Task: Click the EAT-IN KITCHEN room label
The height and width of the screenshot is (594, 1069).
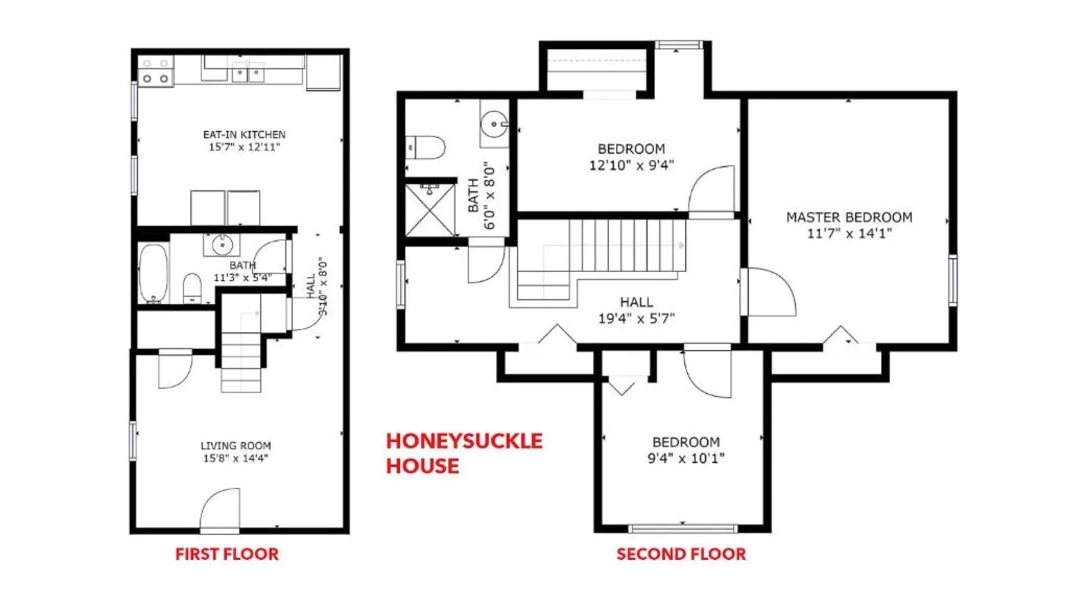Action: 244,135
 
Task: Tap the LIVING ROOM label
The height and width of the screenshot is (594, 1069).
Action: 236,445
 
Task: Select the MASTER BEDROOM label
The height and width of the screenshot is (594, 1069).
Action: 849,217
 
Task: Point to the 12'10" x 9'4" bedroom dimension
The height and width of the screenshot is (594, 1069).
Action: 631,165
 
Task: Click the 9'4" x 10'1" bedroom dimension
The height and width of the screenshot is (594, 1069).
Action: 686,458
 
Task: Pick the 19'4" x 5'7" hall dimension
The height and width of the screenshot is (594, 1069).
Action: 636,318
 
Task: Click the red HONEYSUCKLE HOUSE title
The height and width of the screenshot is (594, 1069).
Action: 464,453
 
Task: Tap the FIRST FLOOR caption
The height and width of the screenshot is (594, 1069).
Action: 227,554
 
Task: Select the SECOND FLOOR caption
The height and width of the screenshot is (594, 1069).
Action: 681,554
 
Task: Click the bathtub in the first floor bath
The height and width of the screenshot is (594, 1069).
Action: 153,274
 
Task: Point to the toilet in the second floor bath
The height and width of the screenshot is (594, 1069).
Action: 426,147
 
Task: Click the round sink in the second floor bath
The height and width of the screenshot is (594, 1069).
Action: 494,124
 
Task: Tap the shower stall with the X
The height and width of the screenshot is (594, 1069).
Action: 430,210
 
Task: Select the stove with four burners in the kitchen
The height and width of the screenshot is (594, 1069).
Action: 156,71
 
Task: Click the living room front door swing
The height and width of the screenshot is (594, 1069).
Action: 220,509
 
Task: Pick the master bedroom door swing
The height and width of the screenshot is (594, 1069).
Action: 771,292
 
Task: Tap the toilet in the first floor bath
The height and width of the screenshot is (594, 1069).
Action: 192,288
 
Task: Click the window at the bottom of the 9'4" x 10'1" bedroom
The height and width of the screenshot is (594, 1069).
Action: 682,528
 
